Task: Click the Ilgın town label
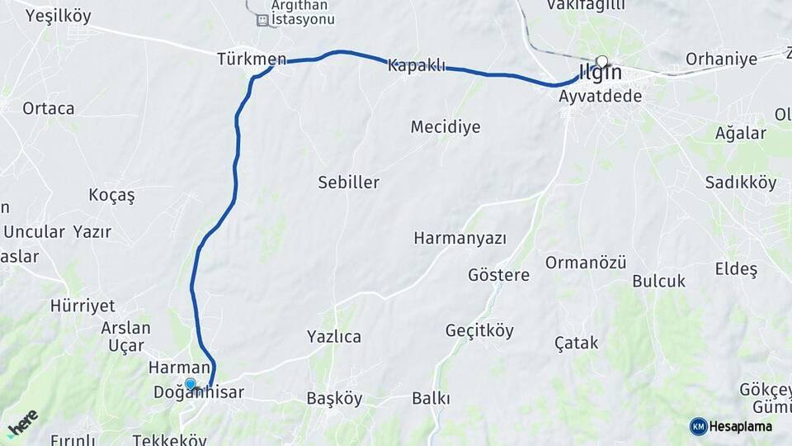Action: tap(601, 74)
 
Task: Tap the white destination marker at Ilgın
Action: tap(601, 61)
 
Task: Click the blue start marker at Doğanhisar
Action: tap(191, 384)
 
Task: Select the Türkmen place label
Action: tap(252, 59)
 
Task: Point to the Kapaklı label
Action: tap(417, 65)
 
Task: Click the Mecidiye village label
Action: tap(445, 127)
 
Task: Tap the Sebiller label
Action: tap(349, 183)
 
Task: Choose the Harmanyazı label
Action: tap(460, 239)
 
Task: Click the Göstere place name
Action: tap(498, 275)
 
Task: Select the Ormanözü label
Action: tap(586, 263)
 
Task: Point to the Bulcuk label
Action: tap(659, 281)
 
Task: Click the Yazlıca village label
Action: tap(334, 336)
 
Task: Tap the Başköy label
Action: tap(334, 398)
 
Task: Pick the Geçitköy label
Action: tap(479, 331)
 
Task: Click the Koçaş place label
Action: tap(111, 196)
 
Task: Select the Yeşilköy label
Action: tap(59, 16)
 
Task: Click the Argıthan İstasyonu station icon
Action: tap(263, 20)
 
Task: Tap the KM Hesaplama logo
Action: tap(731, 426)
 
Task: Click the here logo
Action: tap(22, 424)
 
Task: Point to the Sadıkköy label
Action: tap(741, 183)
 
